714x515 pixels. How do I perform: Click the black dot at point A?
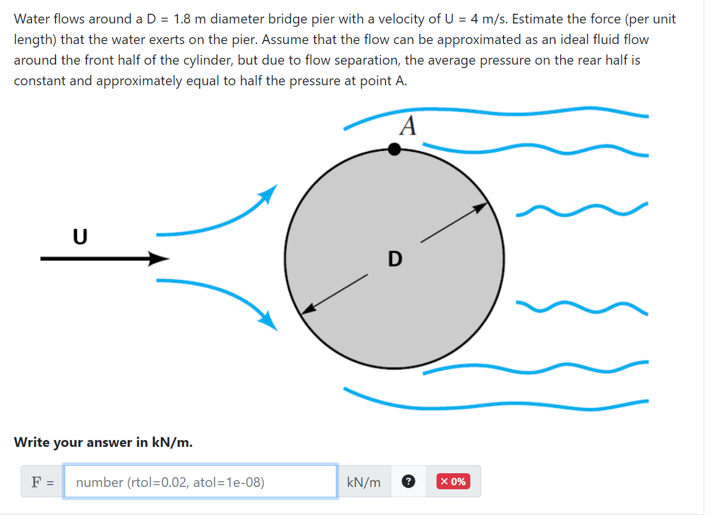(394, 149)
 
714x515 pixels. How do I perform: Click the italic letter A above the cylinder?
(408, 126)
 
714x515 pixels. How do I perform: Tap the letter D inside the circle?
(395, 259)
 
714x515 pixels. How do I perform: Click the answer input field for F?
(200, 482)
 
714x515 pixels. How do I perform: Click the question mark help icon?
(408, 482)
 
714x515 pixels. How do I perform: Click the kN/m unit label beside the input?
(364, 482)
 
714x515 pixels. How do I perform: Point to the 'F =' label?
(42, 482)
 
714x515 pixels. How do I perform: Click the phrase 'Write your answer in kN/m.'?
(103, 442)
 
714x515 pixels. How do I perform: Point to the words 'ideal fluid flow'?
(608, 40)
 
